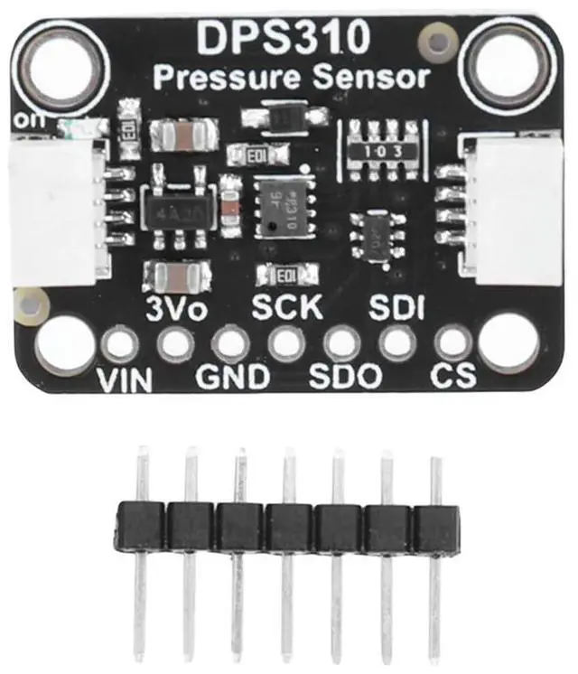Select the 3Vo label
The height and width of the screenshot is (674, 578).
178,307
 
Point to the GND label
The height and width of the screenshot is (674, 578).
233,376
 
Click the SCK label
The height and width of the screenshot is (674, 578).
286,307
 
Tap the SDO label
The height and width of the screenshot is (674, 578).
345,376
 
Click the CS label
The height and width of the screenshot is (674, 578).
452,376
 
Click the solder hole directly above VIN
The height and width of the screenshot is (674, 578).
120,343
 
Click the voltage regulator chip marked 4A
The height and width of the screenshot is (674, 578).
177,214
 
